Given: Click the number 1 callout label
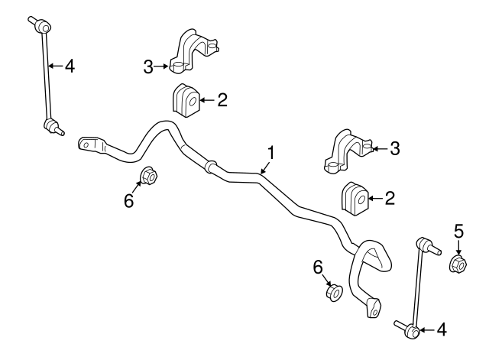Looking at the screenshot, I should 269,154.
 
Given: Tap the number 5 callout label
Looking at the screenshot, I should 459,229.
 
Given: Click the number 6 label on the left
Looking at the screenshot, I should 128,200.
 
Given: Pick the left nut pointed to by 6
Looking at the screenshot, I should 149,176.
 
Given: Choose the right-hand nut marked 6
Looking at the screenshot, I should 333,292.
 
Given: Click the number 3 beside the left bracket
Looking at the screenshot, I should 149,67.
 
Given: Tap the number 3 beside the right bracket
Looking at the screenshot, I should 394,148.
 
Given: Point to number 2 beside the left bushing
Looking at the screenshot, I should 222,99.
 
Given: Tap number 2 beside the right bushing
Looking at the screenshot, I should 390,199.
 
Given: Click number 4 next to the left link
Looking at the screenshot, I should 70,66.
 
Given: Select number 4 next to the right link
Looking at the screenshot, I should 440,330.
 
